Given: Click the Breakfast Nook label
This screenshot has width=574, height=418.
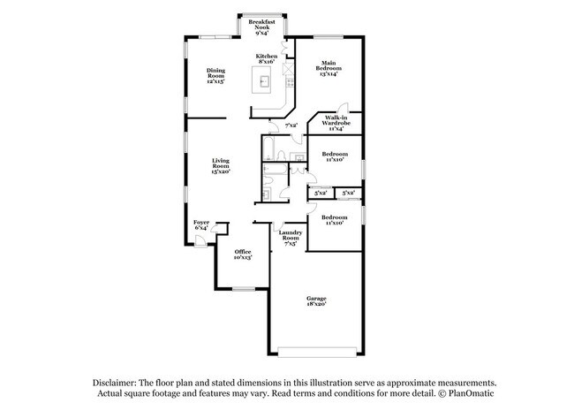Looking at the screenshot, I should (262, 24).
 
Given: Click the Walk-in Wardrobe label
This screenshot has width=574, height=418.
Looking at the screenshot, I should (336, 122).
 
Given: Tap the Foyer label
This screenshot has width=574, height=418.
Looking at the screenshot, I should (201, 224).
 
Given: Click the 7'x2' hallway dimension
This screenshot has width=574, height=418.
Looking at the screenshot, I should (291, 125).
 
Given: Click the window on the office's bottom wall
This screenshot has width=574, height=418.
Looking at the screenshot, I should (244, 288).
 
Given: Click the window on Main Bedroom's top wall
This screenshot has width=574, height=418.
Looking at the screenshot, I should (329, 36).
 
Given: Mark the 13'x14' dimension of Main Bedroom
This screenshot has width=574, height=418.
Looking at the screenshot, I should (330, 73).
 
